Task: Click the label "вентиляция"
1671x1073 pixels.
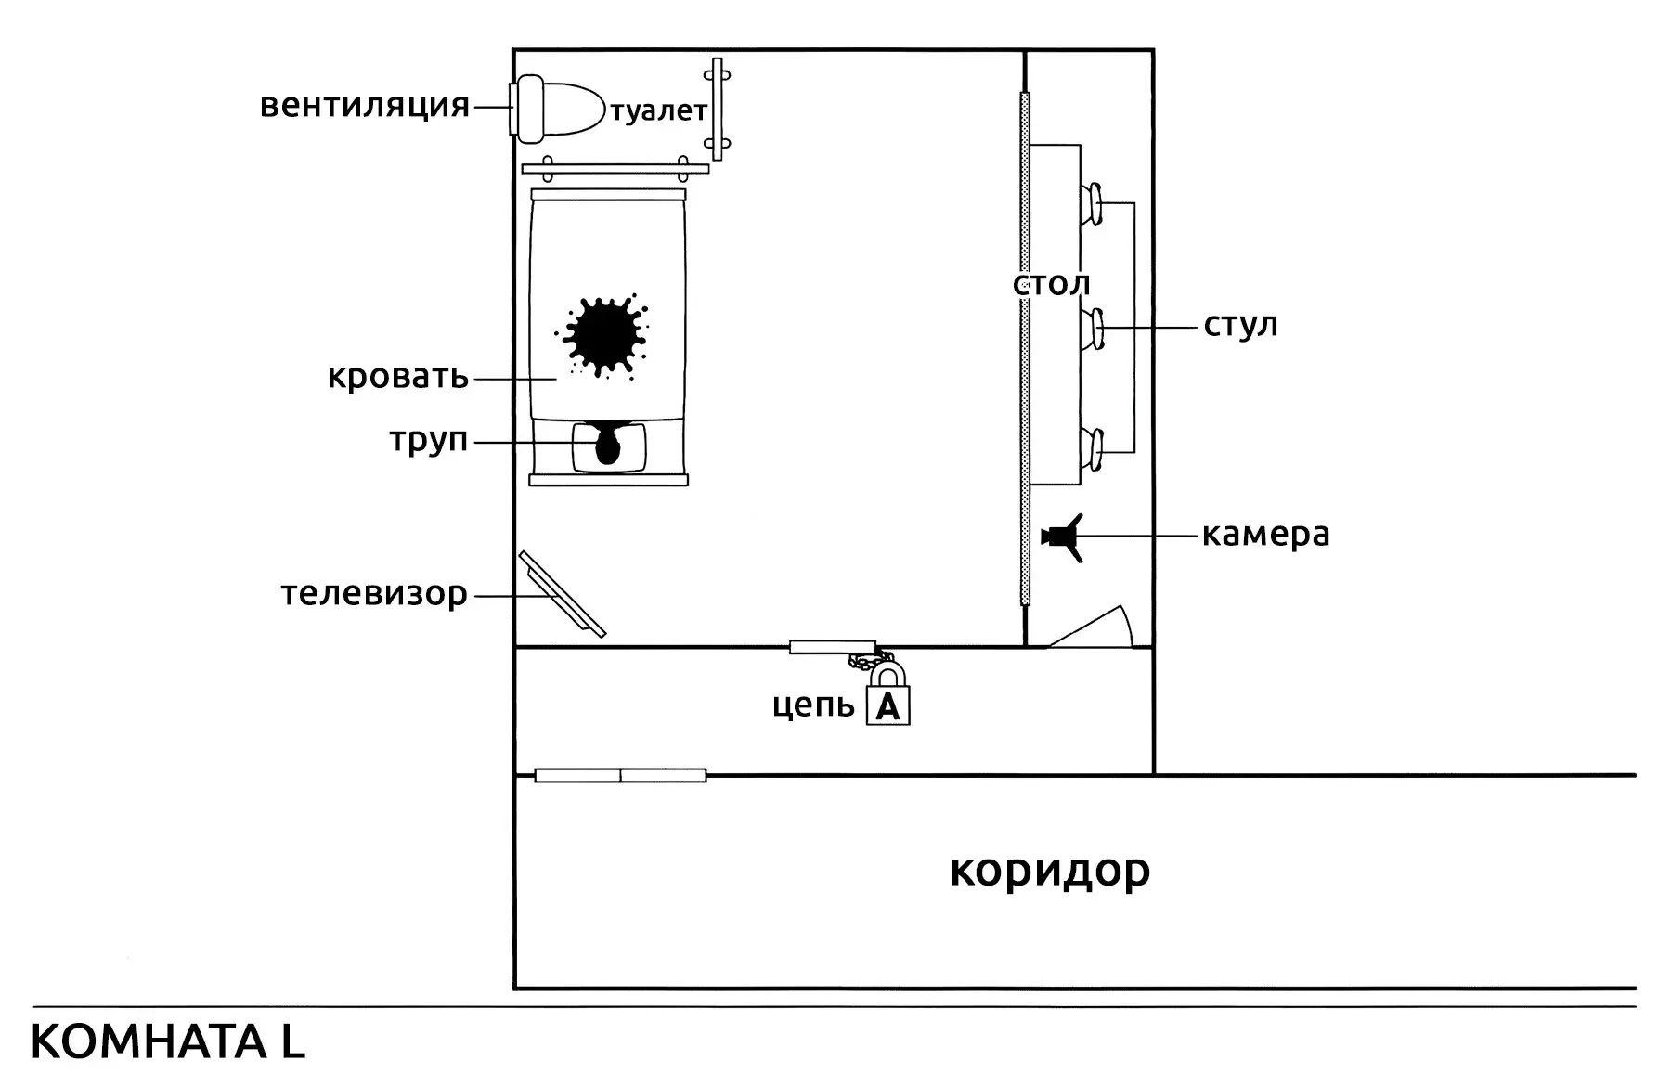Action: tap(365, 105)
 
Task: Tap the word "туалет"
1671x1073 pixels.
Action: tap(658, 111)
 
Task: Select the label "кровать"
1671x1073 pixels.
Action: tap(398, 377)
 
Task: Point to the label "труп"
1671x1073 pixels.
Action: tap(429, 440)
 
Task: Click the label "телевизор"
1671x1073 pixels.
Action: tap(374, 593)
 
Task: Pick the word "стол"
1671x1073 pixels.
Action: tap(1051, 284)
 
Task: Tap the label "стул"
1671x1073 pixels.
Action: tap(1241, 326)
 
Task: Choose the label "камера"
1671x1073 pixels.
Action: tap(1266, 535)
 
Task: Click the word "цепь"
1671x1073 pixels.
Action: tap(813, 705)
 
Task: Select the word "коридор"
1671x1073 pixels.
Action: tap(1050, 872)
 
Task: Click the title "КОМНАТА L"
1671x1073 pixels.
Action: tap(168, 1041)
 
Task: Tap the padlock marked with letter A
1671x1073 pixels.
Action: tap(888, 697)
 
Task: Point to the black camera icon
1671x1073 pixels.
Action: tap(1063, 536)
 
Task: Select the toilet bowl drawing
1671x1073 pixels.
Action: tap(557, 110)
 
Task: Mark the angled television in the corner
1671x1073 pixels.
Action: tap(563, 594)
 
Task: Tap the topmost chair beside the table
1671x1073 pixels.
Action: tap(1091, 203)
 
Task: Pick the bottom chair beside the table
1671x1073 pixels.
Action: tap(1091, 449)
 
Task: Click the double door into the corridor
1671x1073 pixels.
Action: tap(620, 775)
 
